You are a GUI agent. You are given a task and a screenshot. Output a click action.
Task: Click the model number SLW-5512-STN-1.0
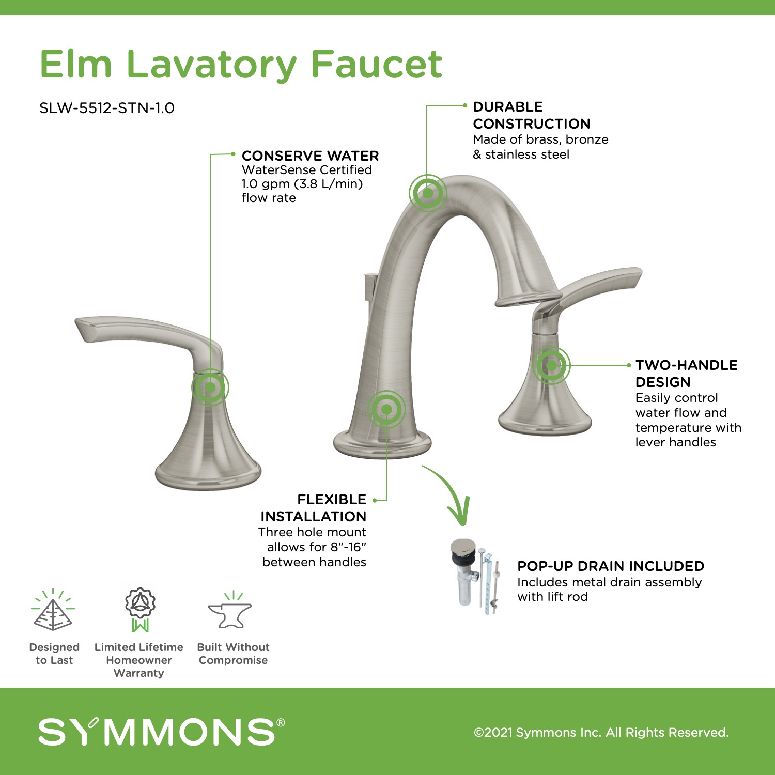point(107,108)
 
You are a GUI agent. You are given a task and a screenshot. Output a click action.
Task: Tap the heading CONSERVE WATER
point(310,156)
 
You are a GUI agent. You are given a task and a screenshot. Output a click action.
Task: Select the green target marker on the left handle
point(210,387)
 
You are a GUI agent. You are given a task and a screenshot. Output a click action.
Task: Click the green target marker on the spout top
point(428,193)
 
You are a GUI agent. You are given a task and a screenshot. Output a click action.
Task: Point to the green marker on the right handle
point(551,365)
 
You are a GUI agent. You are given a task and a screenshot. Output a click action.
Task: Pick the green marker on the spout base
point(386,410)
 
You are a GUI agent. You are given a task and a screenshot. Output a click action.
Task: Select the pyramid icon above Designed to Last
point(53,610)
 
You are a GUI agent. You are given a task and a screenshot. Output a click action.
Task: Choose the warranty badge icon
point(140,609)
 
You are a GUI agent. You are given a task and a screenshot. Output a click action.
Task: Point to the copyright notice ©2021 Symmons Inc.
point(601,732)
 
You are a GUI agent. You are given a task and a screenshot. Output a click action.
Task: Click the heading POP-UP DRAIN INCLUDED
point(611,566)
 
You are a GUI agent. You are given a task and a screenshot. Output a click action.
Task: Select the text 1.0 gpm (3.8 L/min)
point(302,184)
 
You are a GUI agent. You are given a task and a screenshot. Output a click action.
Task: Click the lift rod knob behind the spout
point(370,287)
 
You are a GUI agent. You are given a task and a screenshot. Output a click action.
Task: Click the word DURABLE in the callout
point(508,106)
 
